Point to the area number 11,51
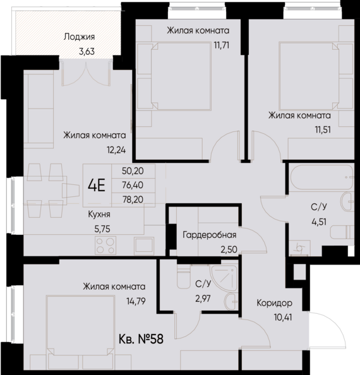click(x=314, y=129)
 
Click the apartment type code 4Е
click(x=97, y=186)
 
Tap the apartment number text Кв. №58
click(x=140, y=340)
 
